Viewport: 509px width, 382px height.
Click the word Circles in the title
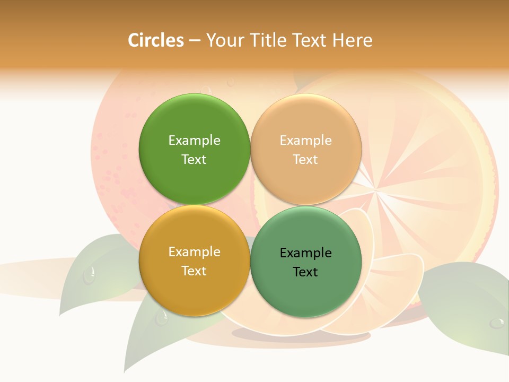155,40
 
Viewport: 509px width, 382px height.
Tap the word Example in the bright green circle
194,140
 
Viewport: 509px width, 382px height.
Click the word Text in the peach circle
305,159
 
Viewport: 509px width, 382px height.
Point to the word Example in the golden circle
194,251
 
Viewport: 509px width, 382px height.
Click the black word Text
305,272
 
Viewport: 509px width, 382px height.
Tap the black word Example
305,253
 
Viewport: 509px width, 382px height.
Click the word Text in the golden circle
194,271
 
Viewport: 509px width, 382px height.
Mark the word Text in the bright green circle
194,159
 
